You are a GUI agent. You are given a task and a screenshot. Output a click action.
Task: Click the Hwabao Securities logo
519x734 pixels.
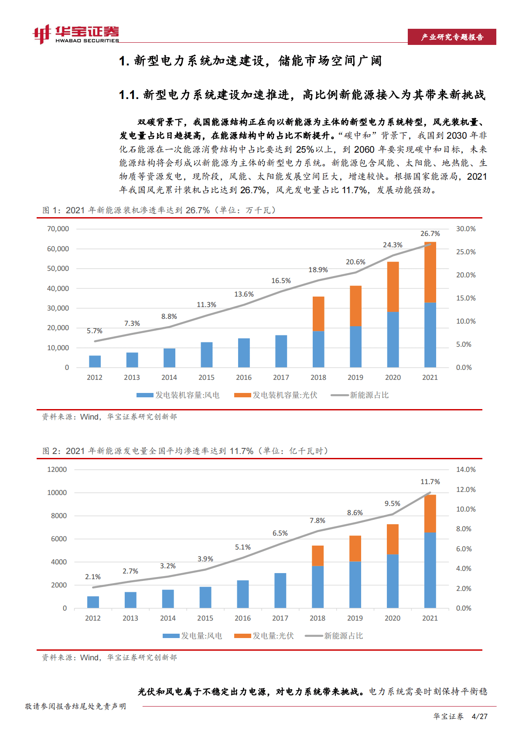76,34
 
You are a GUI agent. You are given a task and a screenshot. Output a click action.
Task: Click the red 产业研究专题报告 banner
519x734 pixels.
452,37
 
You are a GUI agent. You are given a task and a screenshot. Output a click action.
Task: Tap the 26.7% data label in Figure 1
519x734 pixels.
430,234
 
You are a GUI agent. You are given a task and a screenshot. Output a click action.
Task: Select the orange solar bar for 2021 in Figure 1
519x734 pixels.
430,272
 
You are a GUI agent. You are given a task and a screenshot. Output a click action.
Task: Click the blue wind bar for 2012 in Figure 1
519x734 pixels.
95,362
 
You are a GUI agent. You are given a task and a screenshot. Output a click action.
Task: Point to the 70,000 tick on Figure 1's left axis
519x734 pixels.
58,229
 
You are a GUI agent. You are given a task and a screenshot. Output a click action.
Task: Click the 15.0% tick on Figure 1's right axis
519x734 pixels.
466,298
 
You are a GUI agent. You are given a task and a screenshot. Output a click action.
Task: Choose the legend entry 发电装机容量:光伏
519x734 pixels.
276,395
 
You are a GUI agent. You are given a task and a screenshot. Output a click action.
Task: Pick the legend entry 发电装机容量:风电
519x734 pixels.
178,395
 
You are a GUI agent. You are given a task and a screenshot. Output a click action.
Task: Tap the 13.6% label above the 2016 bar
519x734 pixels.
244,294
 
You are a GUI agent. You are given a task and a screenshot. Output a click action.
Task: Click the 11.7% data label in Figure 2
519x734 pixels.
430,482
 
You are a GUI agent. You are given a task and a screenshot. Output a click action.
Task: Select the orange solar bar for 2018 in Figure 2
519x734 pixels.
318,556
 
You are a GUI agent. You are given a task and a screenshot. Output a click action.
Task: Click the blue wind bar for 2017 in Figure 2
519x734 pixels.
280,591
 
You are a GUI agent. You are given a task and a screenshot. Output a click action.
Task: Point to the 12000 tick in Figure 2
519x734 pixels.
57,470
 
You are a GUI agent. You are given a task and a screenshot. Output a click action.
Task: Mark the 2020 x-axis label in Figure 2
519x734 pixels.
393,618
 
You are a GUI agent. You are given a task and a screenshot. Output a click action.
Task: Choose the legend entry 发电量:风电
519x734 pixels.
192,636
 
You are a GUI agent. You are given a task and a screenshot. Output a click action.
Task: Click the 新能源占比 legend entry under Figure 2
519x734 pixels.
334,636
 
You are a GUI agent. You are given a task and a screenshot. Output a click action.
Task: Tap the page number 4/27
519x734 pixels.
480,717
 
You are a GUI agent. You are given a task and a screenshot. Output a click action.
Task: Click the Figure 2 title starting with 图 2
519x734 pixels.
185,451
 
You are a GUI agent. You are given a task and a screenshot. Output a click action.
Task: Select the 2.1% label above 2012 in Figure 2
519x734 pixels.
93,577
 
